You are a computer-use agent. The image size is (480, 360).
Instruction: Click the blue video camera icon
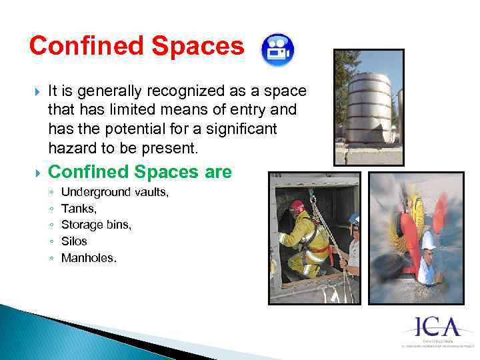click(275, 48)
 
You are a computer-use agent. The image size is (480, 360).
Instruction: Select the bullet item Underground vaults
click(115, 193)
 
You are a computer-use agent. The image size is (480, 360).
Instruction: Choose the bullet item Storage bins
click(96, 225)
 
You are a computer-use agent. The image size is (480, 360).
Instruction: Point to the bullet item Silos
click(74, 241)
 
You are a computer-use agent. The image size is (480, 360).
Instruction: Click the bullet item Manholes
click(89, 257)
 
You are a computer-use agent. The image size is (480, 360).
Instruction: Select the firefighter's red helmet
click(296, 206)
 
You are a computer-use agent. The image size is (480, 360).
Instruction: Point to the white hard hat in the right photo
click(429, 241)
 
